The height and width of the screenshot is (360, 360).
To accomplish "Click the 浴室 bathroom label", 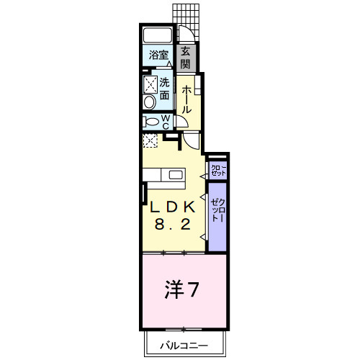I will tap(159, 55).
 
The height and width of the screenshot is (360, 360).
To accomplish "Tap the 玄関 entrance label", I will tap(185, 57).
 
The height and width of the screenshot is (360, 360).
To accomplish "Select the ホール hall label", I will tap(186, 99).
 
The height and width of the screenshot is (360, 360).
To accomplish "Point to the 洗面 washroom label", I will tap(166, 88).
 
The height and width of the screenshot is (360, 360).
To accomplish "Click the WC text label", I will tap(165, 122).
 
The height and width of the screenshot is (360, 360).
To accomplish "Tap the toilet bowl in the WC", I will tap(150, 122).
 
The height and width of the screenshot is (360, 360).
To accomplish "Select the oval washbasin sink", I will tap(150, 102).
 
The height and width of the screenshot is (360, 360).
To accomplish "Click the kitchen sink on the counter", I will tap(176, 174).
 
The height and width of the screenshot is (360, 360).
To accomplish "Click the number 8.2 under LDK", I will tap(173, 224).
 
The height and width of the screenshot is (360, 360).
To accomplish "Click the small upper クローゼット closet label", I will tap(218, 170).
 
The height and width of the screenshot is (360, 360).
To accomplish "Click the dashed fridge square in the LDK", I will tap(151, 140).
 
